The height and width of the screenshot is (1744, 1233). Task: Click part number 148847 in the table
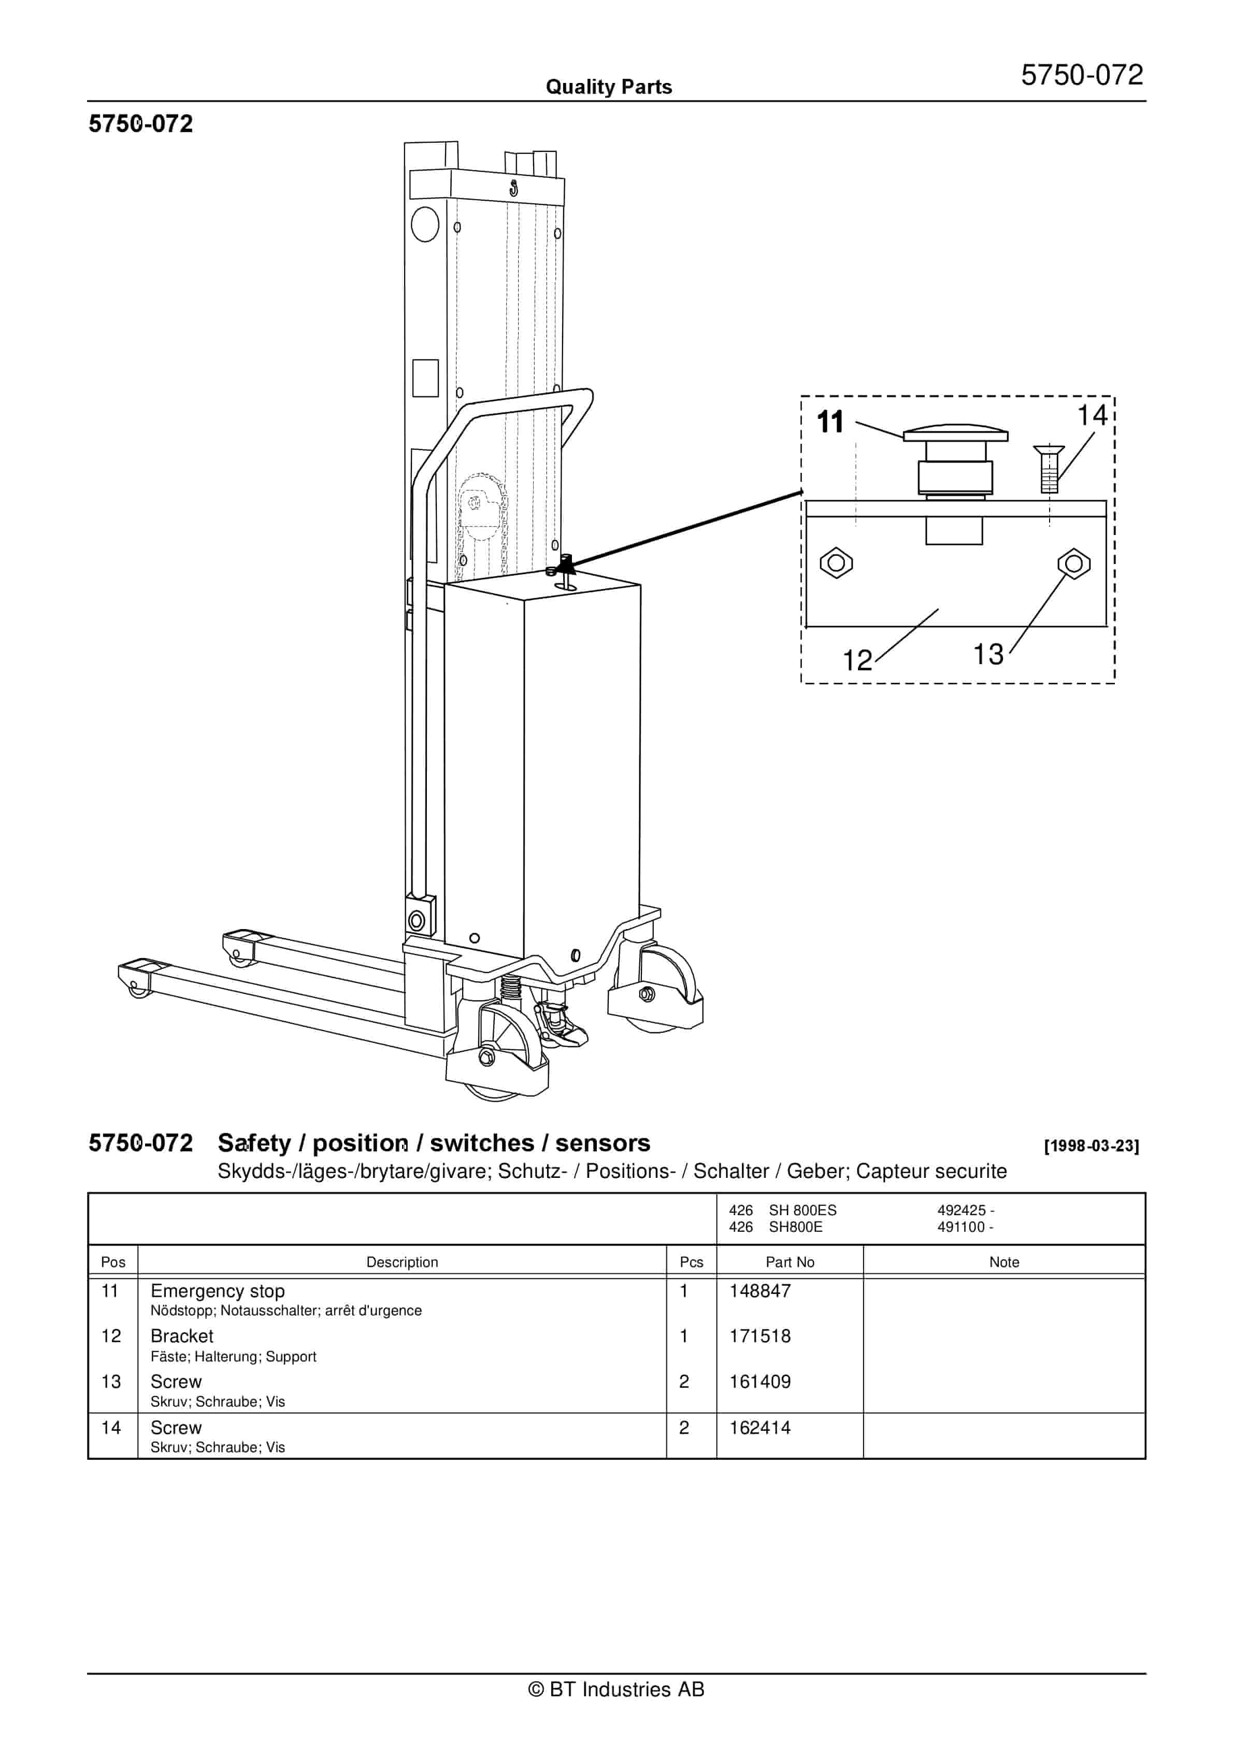click(760, 1291)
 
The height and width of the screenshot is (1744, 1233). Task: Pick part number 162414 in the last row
click(760, 1428)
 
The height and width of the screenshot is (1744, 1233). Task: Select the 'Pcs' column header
click(691, 1262)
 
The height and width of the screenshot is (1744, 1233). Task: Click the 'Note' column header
click(1003, 1262)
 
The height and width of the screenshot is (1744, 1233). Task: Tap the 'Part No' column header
click(790, 1262)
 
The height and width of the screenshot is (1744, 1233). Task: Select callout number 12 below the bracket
click(858, 660)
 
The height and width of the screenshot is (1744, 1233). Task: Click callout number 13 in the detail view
click(988, 654)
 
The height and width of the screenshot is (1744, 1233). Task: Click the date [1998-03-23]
click(1091, 1146)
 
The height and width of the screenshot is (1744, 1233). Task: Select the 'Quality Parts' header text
click(609, 87)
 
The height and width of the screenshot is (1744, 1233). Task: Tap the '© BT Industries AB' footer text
click(616, 1690)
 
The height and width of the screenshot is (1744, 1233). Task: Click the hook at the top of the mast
click(514, 187)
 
